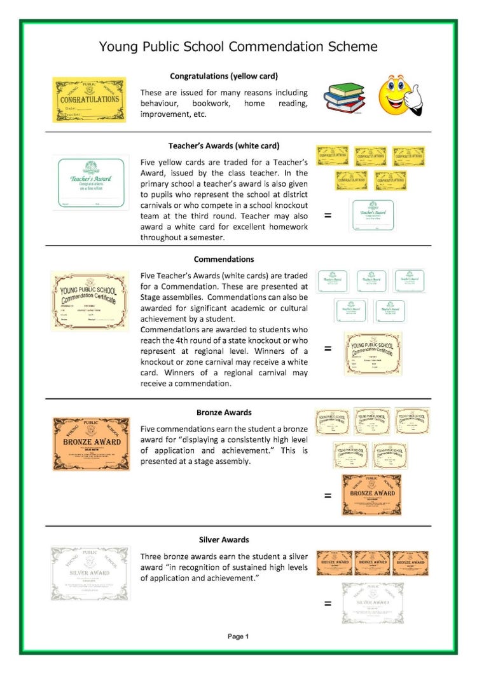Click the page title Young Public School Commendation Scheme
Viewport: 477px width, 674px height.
(238, 46)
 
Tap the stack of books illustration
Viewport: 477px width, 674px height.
(344, 98)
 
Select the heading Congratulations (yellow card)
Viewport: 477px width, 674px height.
(223, 76)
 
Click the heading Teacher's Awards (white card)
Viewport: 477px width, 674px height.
(225, 145)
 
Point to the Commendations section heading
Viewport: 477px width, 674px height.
(223, 259)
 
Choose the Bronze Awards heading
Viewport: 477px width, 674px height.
(223, 412)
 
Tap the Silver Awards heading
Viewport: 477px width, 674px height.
(223, 540)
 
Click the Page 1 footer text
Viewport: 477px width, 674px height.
(238, 636)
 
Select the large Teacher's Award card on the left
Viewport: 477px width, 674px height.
(91, 182)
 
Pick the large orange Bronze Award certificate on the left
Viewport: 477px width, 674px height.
(91, 443)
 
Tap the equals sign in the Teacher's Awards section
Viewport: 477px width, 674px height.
(328, 215)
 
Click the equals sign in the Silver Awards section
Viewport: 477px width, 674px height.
(328, 603)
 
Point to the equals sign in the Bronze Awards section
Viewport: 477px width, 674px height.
(328, 495)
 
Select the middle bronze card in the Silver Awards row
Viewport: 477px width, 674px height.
(372, 563)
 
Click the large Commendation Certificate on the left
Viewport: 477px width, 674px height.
(90, 300)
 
